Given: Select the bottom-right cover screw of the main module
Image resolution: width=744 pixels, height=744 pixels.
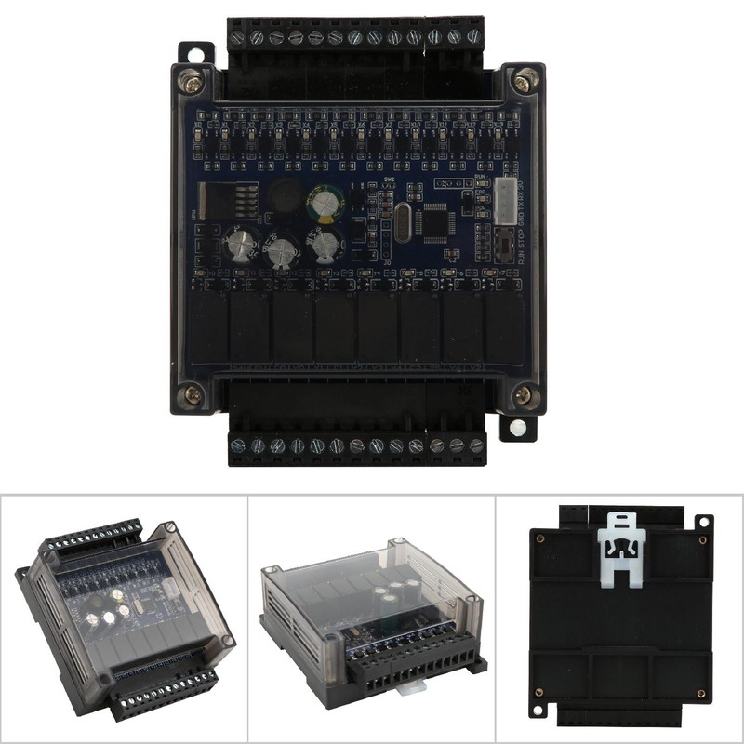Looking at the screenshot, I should [x=523, y=395].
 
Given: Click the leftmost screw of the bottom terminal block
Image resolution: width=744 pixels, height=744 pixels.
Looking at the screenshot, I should [x=238, y=445].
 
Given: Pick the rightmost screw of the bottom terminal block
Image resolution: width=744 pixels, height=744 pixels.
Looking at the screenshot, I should [x=477, y=445].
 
